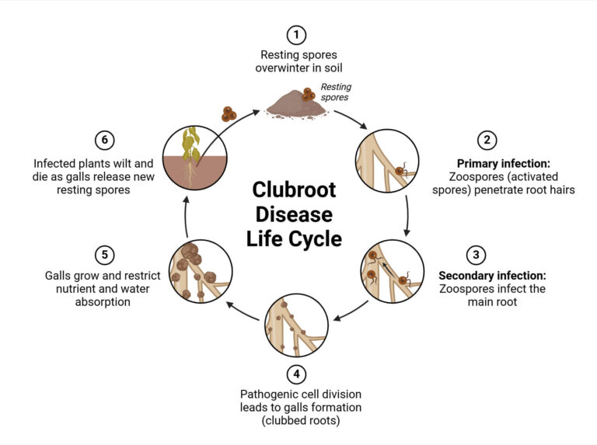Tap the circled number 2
487,141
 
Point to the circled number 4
296,374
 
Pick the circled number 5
105,254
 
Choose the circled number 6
105,141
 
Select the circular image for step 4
294,320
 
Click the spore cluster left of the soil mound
229,114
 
